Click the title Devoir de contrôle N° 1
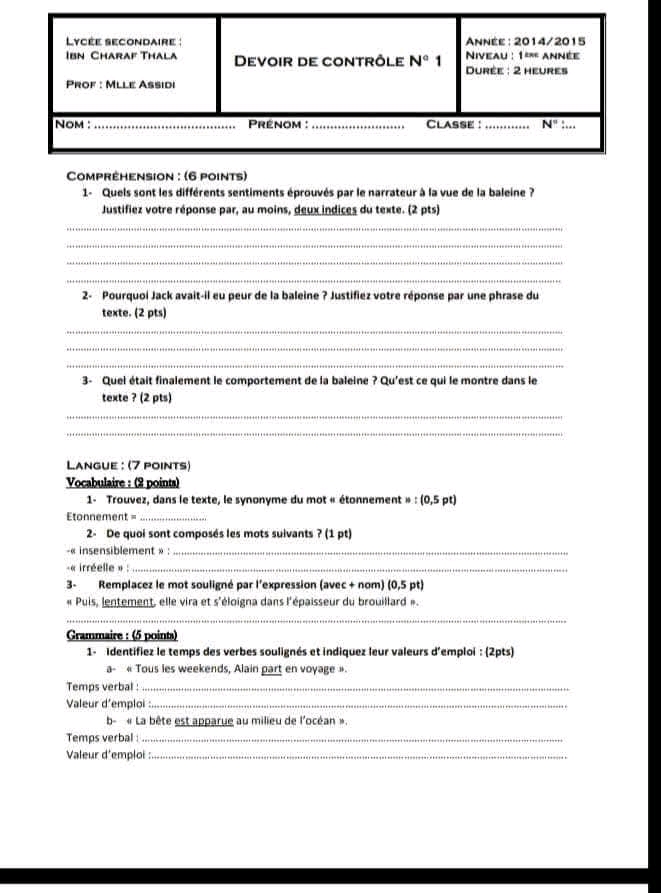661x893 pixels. click(x=337, y=62)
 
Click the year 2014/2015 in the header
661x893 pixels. click(x=549, y=41)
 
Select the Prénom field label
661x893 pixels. click(x=275, y=125)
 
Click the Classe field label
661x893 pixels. click(x=452, y=125)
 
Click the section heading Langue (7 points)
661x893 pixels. click(x=128, y=465)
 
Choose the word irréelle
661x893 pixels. click(x=91, y=569)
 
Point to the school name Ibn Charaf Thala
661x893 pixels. click(x=121, y=55)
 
